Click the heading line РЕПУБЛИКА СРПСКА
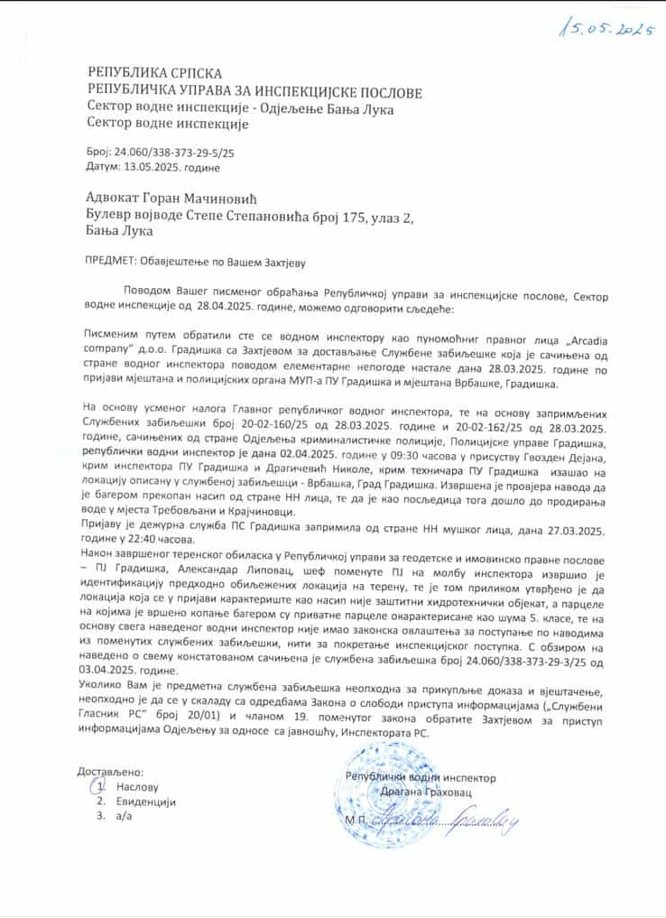pos(154,73)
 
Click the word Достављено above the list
pos(110,773)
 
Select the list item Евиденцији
pos(145,802)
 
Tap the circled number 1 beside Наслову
pos(100,786)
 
